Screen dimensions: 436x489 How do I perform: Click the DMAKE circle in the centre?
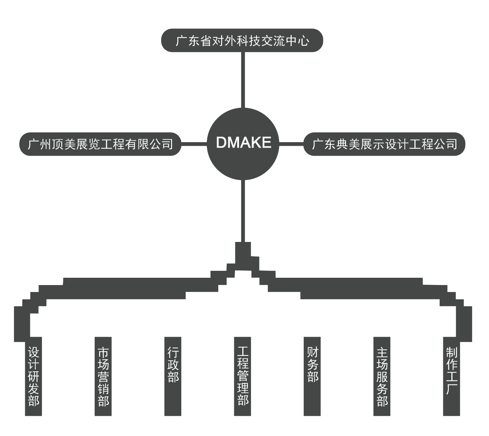coord(243,144)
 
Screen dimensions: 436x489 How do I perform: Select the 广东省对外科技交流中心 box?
coord(242,40)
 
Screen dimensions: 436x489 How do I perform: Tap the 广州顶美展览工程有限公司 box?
coord(100,144)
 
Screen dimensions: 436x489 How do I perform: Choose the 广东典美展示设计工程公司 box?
coord(384,144)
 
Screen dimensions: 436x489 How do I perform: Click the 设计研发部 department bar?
coord(33,376)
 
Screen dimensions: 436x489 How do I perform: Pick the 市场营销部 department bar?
coord(103,376)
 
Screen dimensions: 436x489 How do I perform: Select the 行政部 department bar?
coord(173,376)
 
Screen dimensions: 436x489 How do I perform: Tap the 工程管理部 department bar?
coord(243,376)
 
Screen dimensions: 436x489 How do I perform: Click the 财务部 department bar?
coord(312,376)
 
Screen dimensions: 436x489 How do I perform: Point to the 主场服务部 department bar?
coord(382,376)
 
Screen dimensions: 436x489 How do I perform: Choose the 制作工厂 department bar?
coord(452,376)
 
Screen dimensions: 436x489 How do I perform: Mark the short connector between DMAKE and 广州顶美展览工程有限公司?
coord(194,144)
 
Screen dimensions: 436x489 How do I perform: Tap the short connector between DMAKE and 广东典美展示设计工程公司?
coord(292,144)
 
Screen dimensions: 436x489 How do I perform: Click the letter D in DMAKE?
coord(221,143)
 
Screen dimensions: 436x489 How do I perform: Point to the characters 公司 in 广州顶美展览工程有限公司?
coord(161,144)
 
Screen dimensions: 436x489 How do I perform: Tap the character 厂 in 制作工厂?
coord(452,388)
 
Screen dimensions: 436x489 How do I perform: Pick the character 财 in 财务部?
coord(312,353)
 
